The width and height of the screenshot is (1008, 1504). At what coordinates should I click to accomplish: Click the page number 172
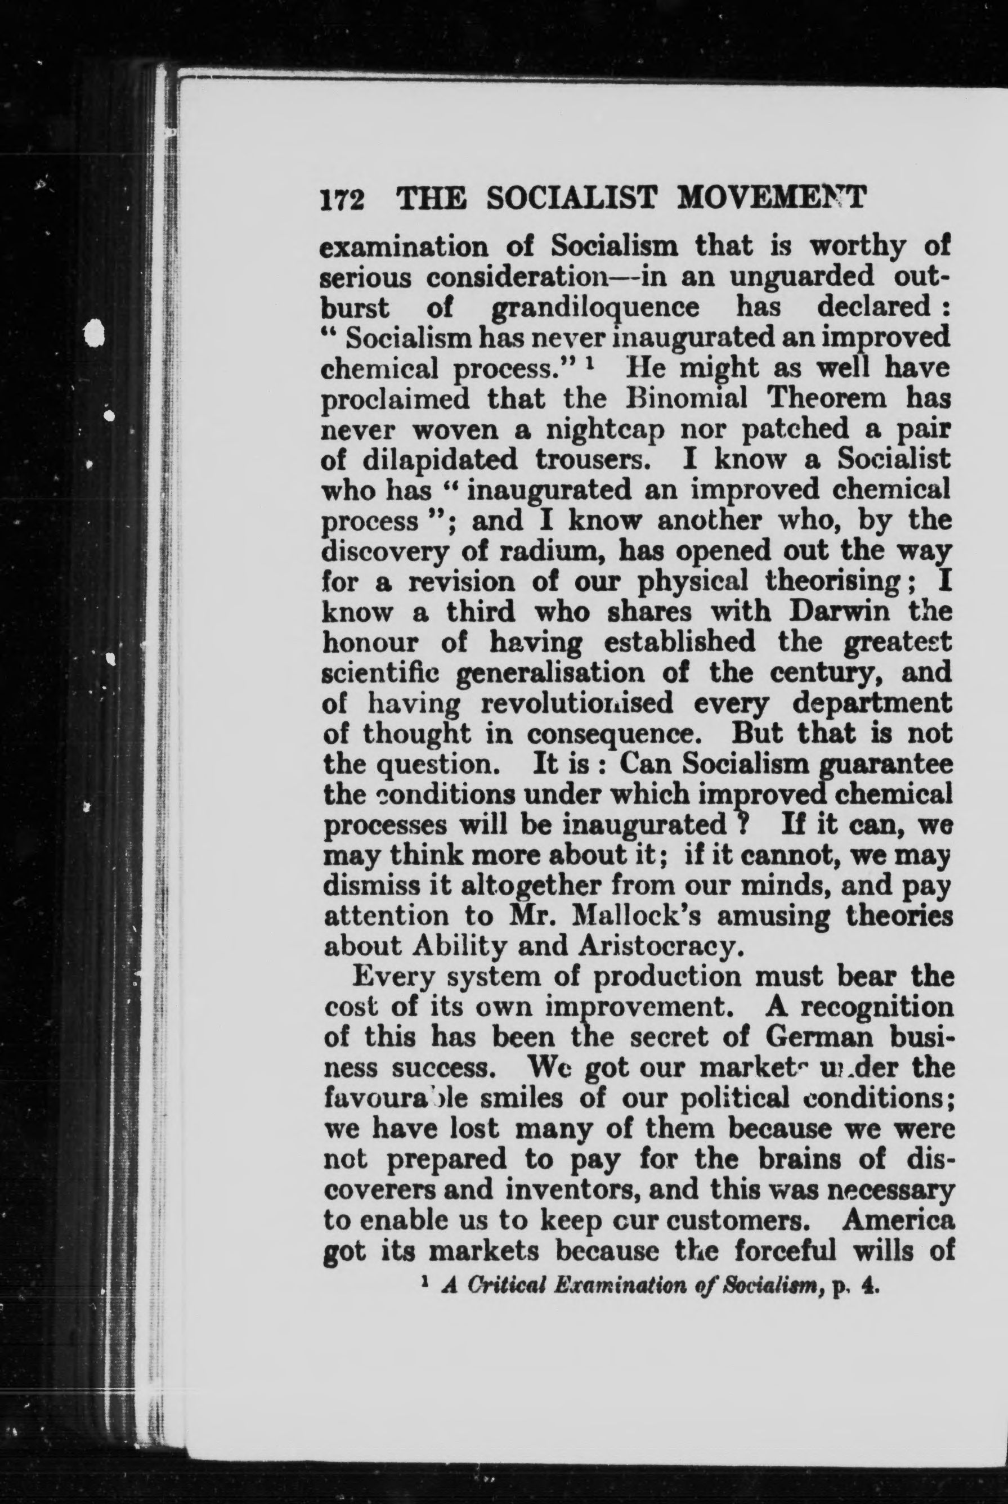click(343, 199)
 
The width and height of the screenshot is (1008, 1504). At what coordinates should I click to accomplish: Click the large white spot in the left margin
click(95, 334)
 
